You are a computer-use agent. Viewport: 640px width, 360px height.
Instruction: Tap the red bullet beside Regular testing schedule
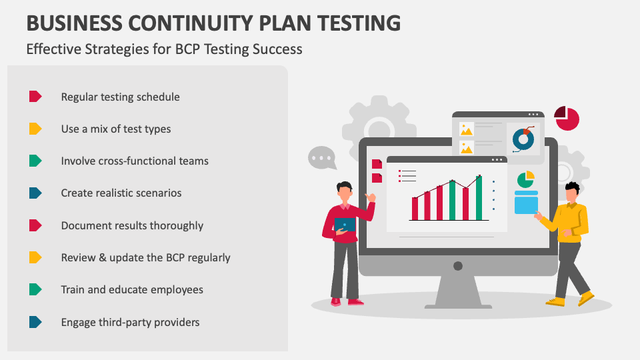(35, 97)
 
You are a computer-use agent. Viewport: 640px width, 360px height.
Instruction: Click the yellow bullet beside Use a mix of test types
(35, 129)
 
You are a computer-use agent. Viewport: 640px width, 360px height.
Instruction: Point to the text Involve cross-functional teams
(135, 161)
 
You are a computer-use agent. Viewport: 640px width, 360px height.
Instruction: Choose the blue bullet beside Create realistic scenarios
(35, 193)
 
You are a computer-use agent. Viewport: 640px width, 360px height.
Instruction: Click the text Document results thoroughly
(132, 225)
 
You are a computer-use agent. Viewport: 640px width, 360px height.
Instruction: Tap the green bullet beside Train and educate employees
(35, 289)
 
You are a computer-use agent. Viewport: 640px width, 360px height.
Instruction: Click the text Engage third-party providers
(130, 322)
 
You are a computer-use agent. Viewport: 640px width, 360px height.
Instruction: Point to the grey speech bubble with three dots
(321, 158)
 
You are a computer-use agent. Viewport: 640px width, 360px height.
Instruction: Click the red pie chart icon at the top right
(567, 119)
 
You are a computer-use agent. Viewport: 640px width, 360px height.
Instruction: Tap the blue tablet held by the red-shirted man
(345, 225)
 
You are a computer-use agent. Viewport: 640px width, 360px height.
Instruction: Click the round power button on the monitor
(458, 266)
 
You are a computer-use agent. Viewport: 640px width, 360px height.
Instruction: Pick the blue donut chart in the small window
(523, 139)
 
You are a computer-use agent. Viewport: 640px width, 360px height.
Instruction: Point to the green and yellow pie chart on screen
(526, 179)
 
